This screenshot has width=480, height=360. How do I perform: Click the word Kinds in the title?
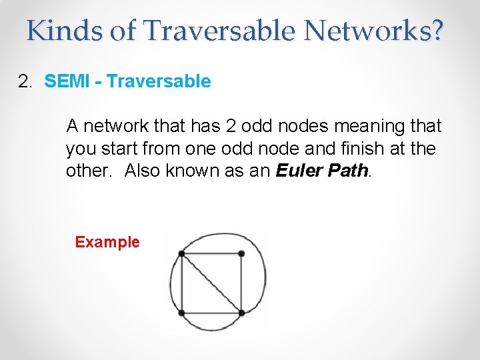click(x=65, y=30)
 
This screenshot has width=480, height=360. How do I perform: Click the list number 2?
click(x=25, y=82)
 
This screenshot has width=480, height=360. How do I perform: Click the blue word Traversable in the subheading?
click(x=159, y=82)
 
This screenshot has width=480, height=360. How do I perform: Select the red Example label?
click(x=107, y=242)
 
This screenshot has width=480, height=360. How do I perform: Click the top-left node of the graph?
click(x=181, y=253)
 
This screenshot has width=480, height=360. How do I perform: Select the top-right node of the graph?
click(x=241, y=253)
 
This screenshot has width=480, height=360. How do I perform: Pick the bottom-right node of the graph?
click(x=241, y=312)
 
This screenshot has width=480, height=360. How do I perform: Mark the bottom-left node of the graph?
click(x=181, y=312)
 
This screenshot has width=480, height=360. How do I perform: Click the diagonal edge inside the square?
click(x=211, y=283)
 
